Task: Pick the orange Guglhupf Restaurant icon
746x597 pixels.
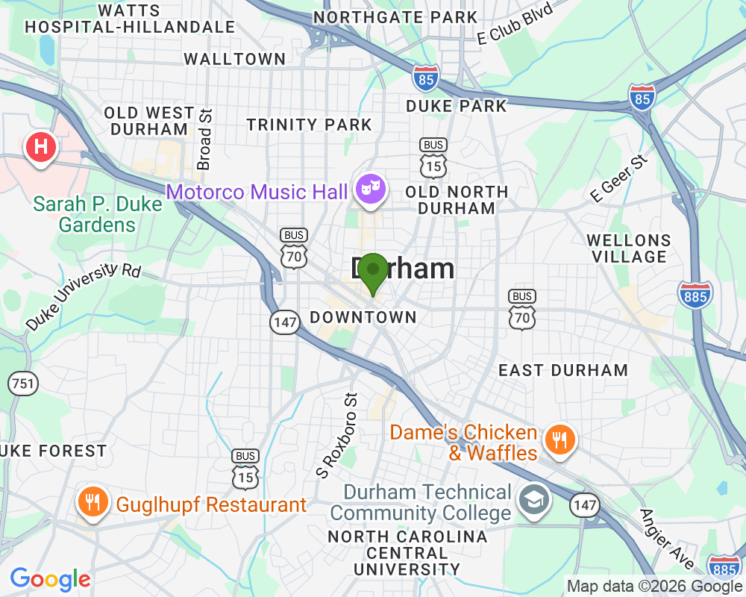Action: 93,501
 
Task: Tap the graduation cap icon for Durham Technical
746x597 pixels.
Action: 535,500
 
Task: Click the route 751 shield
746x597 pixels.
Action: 22,384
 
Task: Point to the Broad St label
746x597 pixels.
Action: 204,139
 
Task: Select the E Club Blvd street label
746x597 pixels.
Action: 516,25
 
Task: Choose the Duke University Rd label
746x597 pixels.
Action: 82,296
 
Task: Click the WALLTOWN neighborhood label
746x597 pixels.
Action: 234,59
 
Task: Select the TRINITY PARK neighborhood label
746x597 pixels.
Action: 309,125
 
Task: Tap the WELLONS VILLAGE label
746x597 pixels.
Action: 628,249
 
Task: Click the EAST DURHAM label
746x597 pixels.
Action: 562,370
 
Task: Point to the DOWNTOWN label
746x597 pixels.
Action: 363,317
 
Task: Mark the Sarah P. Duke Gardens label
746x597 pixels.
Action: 97,214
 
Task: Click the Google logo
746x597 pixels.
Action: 50,579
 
